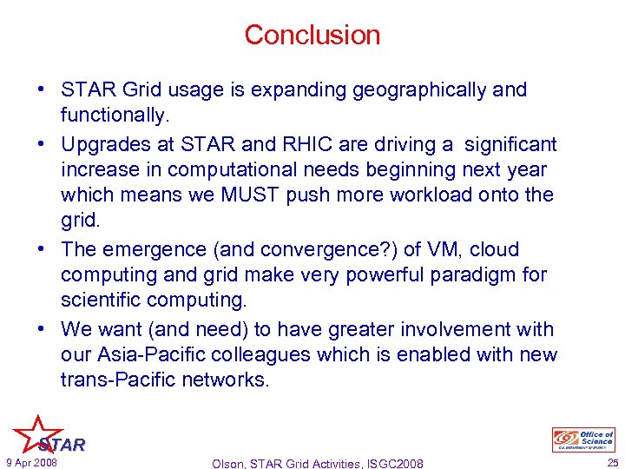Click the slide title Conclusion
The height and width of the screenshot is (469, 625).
pos(312,35)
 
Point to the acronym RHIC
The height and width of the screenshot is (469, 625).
pos(309,143)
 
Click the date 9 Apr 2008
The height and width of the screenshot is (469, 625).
pos(30,462)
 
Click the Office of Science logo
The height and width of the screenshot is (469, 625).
pos(582,439)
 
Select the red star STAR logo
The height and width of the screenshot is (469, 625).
pos(42,434)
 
